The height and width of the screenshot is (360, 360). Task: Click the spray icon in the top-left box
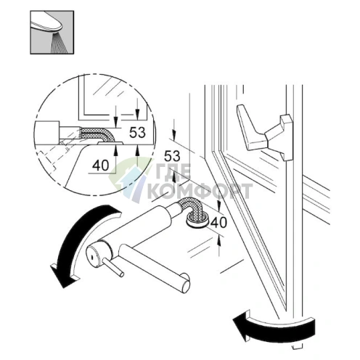pos(52,32)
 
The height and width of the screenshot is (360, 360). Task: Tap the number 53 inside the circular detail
pos(137,132)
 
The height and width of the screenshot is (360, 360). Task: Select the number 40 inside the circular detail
pos(101,165)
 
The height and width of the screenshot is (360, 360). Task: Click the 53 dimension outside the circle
pos(172,156)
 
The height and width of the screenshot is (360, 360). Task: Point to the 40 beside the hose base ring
pos(218,222)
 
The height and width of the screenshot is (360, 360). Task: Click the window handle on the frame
pos(265,132)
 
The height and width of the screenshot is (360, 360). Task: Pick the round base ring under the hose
pos(197,220)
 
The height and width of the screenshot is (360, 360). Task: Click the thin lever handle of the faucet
pos(113,267)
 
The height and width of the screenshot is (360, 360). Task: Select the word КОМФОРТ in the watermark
pos(199,191)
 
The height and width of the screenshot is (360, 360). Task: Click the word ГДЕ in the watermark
pos(173,172)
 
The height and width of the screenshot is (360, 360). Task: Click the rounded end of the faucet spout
pos(184,282)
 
